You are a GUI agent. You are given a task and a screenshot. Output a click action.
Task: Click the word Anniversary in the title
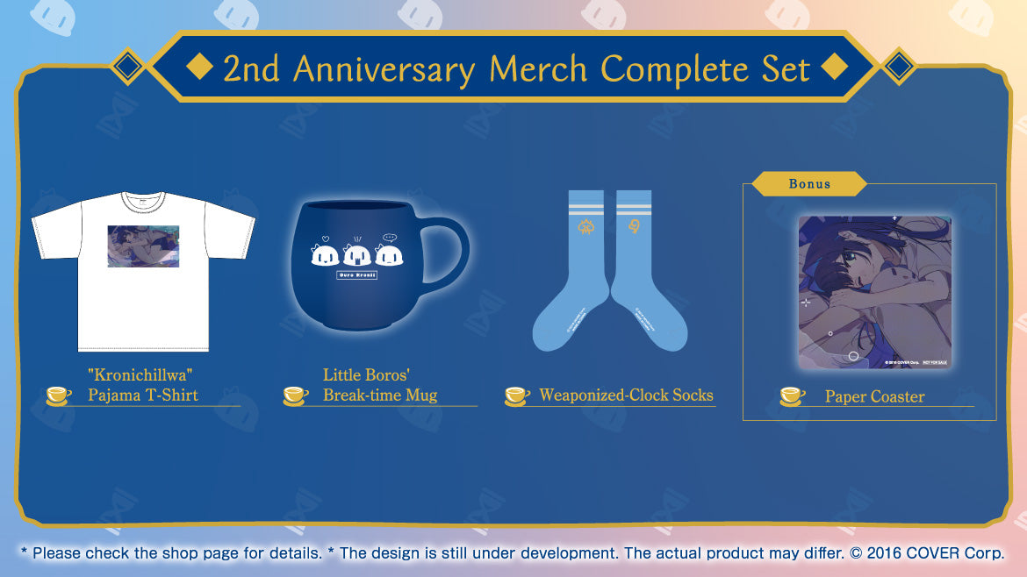[x=386, y=68]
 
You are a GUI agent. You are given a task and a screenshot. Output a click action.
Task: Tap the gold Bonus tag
[x=808, y=184]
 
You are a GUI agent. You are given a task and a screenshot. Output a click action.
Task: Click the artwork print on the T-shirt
[x=143, y=245]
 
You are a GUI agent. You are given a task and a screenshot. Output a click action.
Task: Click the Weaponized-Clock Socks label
[x=626, y=395]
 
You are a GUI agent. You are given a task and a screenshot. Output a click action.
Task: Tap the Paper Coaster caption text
[x=874, y=397]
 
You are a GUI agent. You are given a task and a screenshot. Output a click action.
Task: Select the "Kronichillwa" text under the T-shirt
[x=141, y=375]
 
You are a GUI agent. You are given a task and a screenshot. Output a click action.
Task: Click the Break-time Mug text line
[x=379, y=395]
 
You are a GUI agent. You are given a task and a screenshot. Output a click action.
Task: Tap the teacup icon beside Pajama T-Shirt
[x=59, y=395]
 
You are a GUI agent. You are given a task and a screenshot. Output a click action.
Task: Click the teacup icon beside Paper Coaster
[x=793, y=396]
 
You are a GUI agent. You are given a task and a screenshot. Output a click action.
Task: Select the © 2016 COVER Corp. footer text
[x=935, y=554]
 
